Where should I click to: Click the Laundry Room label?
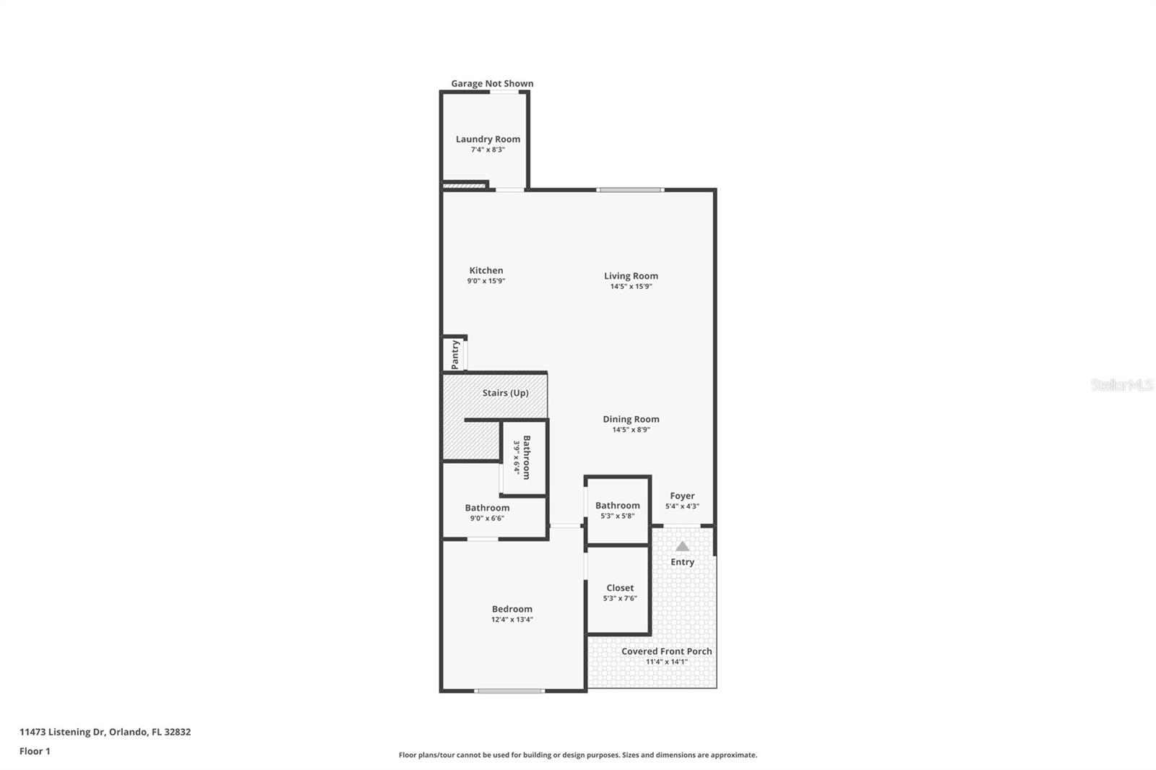click(x=488, y=139)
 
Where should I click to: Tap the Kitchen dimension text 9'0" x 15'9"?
click(x=486, y=281)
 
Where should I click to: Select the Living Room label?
click(x=631, y=276)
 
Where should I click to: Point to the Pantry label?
click(x=455, y=355)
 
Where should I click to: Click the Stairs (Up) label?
click(x=505, y=393)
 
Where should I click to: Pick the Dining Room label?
click(x=631, y=419)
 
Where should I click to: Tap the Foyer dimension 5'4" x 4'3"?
click(x=682, y=506)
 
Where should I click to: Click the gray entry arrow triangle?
click(x=682, y=546)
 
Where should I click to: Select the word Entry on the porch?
click(x=682, y=562)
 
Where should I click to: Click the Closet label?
click(x=620, y=588)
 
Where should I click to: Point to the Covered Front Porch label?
click(x=666, y=652)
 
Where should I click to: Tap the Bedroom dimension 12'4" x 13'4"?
click(x=512, y=620)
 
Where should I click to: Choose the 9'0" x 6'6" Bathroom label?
click(x=487, y=508)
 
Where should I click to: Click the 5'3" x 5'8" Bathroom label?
click(x=617, y=506)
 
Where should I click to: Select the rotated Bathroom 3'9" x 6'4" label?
click(x=526, y=457)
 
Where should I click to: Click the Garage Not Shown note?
click(x=492, y=84)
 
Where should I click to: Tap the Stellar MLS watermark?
click(x=1121, y=386)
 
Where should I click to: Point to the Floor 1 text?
click(x=35, y=751)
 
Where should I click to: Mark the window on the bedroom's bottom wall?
click(x=509, y=691)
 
